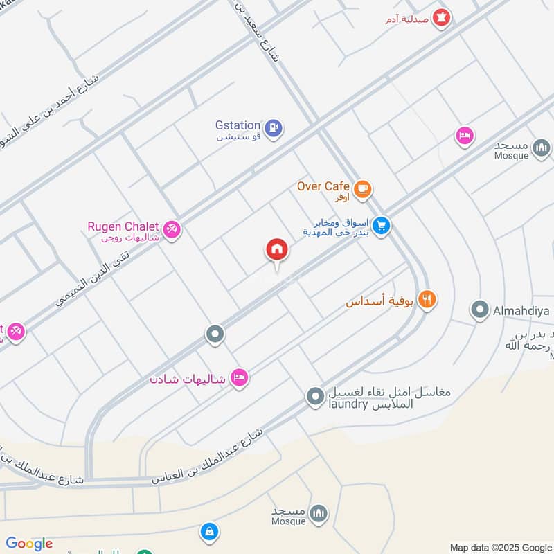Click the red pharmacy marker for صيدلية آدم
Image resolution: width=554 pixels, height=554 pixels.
coord(441,17)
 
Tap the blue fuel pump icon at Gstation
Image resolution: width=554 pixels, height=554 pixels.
coord(274,128)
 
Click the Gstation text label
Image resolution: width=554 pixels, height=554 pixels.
coord(238,125)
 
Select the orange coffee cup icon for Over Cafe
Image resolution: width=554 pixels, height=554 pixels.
coord(361,188)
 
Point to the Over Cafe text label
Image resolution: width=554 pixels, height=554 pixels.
coord(323,186)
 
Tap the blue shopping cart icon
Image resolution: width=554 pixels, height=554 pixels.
coord(380,226)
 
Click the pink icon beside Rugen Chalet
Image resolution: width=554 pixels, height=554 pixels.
coord(172,228)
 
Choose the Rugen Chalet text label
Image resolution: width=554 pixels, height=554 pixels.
coord(123,226)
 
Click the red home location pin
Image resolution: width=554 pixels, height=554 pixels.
coord(276,251)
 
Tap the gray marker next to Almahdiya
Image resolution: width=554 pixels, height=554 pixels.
coord(479,310)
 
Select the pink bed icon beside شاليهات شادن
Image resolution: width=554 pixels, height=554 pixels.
coord(239,378)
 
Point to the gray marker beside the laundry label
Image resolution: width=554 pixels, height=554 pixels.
coord(315,397)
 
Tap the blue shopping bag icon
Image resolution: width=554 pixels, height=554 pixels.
coord(208,532)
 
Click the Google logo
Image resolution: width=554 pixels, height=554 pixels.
coord(29,544)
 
